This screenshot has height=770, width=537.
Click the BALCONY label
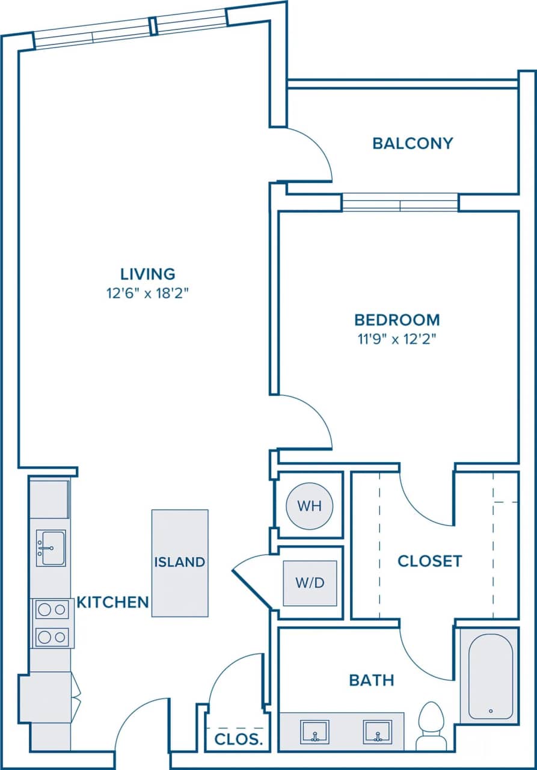point(412,143)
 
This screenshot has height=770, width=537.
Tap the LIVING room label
point(148,274)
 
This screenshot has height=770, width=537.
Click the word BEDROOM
point(396,319)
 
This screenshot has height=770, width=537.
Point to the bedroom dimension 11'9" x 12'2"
point(396,339)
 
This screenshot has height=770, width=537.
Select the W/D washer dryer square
point(310,583)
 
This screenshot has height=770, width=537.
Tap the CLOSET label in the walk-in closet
point(429,561)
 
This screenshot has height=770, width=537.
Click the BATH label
point(372,680)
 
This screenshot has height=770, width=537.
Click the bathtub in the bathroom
point(490,676)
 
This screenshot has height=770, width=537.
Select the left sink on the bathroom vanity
point(314,732)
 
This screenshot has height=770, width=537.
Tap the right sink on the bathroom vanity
point(377,732)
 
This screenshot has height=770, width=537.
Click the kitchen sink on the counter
point(51,547)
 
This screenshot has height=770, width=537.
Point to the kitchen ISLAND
point(180,562)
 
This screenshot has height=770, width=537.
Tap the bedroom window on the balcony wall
point(400,203)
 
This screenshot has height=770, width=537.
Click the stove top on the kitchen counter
point(51,623)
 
